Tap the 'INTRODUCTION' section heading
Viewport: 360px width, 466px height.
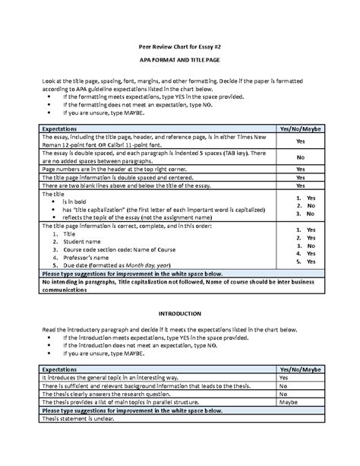click(179, 313)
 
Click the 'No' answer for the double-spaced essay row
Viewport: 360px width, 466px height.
click(301, 157)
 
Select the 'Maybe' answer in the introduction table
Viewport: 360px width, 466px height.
click(288, 403)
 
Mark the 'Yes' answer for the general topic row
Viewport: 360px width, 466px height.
click(283, 377)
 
